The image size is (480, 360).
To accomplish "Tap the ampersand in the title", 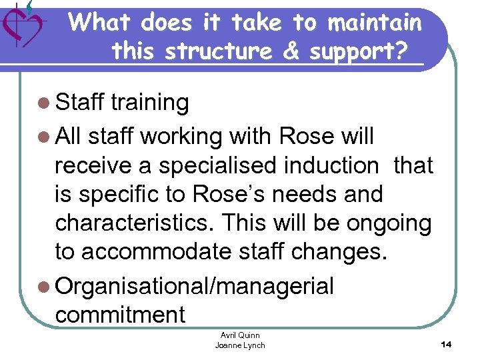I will pyautogui.click(x=291, y=51).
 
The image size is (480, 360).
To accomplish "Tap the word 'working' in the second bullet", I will pyautogui.click(x=181, y=137).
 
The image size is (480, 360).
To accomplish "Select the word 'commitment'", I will pyautogui.click(x=121, y=315).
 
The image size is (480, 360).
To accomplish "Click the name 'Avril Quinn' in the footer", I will pyautogui.click(x=240, y=335).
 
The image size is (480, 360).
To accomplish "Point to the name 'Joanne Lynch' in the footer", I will pyautogui.click(x=240, y=345).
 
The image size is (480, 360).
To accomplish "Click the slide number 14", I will pyautogui.click(x=446, y=344).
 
